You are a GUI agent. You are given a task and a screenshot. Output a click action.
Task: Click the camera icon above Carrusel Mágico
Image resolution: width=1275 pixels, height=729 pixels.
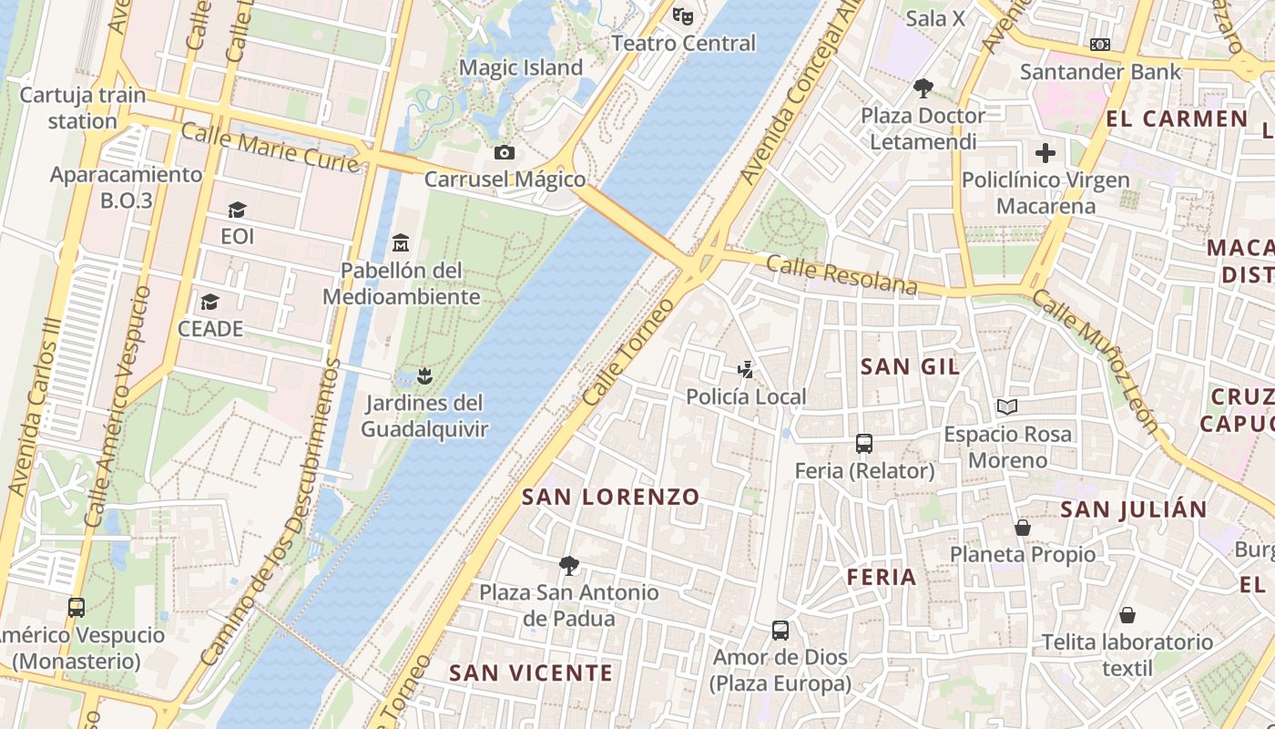click(x=505, y=152)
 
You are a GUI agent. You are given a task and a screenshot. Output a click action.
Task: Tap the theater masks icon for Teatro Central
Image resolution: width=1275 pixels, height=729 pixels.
click(x=683, y=15)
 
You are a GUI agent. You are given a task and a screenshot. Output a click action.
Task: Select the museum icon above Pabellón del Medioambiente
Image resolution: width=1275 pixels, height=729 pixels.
click(x=401, y=243)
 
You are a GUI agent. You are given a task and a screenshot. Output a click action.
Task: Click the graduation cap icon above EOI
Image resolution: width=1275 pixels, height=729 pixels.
click(x=237, y=210)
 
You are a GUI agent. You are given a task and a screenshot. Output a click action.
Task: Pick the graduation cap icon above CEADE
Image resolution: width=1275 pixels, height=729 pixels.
click(x=210, y=302)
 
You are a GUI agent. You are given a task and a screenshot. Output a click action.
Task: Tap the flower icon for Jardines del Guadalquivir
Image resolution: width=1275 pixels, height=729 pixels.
click(x=423, y=375)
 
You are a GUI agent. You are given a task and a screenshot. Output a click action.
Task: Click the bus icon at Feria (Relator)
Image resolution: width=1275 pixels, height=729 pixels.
click(x=864, y=444)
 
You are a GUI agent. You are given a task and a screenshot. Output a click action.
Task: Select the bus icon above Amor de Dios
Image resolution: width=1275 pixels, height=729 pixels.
click(x=780, y=630)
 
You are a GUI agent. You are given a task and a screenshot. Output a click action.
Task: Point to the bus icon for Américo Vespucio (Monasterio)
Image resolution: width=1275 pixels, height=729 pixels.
click(x=76, y=607)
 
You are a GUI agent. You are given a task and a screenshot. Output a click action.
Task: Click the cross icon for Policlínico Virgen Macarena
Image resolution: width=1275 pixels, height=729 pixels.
click(x=1045, y=152)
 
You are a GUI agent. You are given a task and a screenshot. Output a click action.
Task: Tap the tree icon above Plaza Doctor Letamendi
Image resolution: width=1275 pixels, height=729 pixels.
click(x=923, y=88)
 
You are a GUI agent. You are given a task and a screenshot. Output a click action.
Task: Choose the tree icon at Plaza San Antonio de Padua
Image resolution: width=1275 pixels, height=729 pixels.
click(x=569, y=565)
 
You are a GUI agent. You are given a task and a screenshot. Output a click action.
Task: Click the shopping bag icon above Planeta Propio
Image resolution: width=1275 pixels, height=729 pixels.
click(x=1023, y=528)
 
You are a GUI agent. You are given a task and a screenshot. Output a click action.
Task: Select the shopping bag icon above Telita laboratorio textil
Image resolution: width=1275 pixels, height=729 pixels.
click(x=1127, y=615)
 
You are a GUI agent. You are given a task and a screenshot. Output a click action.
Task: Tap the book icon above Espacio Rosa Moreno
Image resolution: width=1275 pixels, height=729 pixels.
click(x=1007, y=407)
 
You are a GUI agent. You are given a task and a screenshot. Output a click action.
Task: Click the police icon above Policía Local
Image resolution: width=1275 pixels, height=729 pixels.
click(x=746, y=369)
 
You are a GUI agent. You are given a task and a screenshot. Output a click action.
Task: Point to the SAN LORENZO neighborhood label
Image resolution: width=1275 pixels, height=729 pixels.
click(x=610, y=498)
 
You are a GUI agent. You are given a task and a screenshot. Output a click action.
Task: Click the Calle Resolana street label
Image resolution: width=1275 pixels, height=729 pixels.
click(x=841, y=275)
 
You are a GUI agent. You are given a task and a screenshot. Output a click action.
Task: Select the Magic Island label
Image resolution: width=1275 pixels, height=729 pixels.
click(x=521, y=67)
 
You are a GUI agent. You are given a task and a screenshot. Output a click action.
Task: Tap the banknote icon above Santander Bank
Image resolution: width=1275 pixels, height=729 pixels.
click(x=1100, y=45)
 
